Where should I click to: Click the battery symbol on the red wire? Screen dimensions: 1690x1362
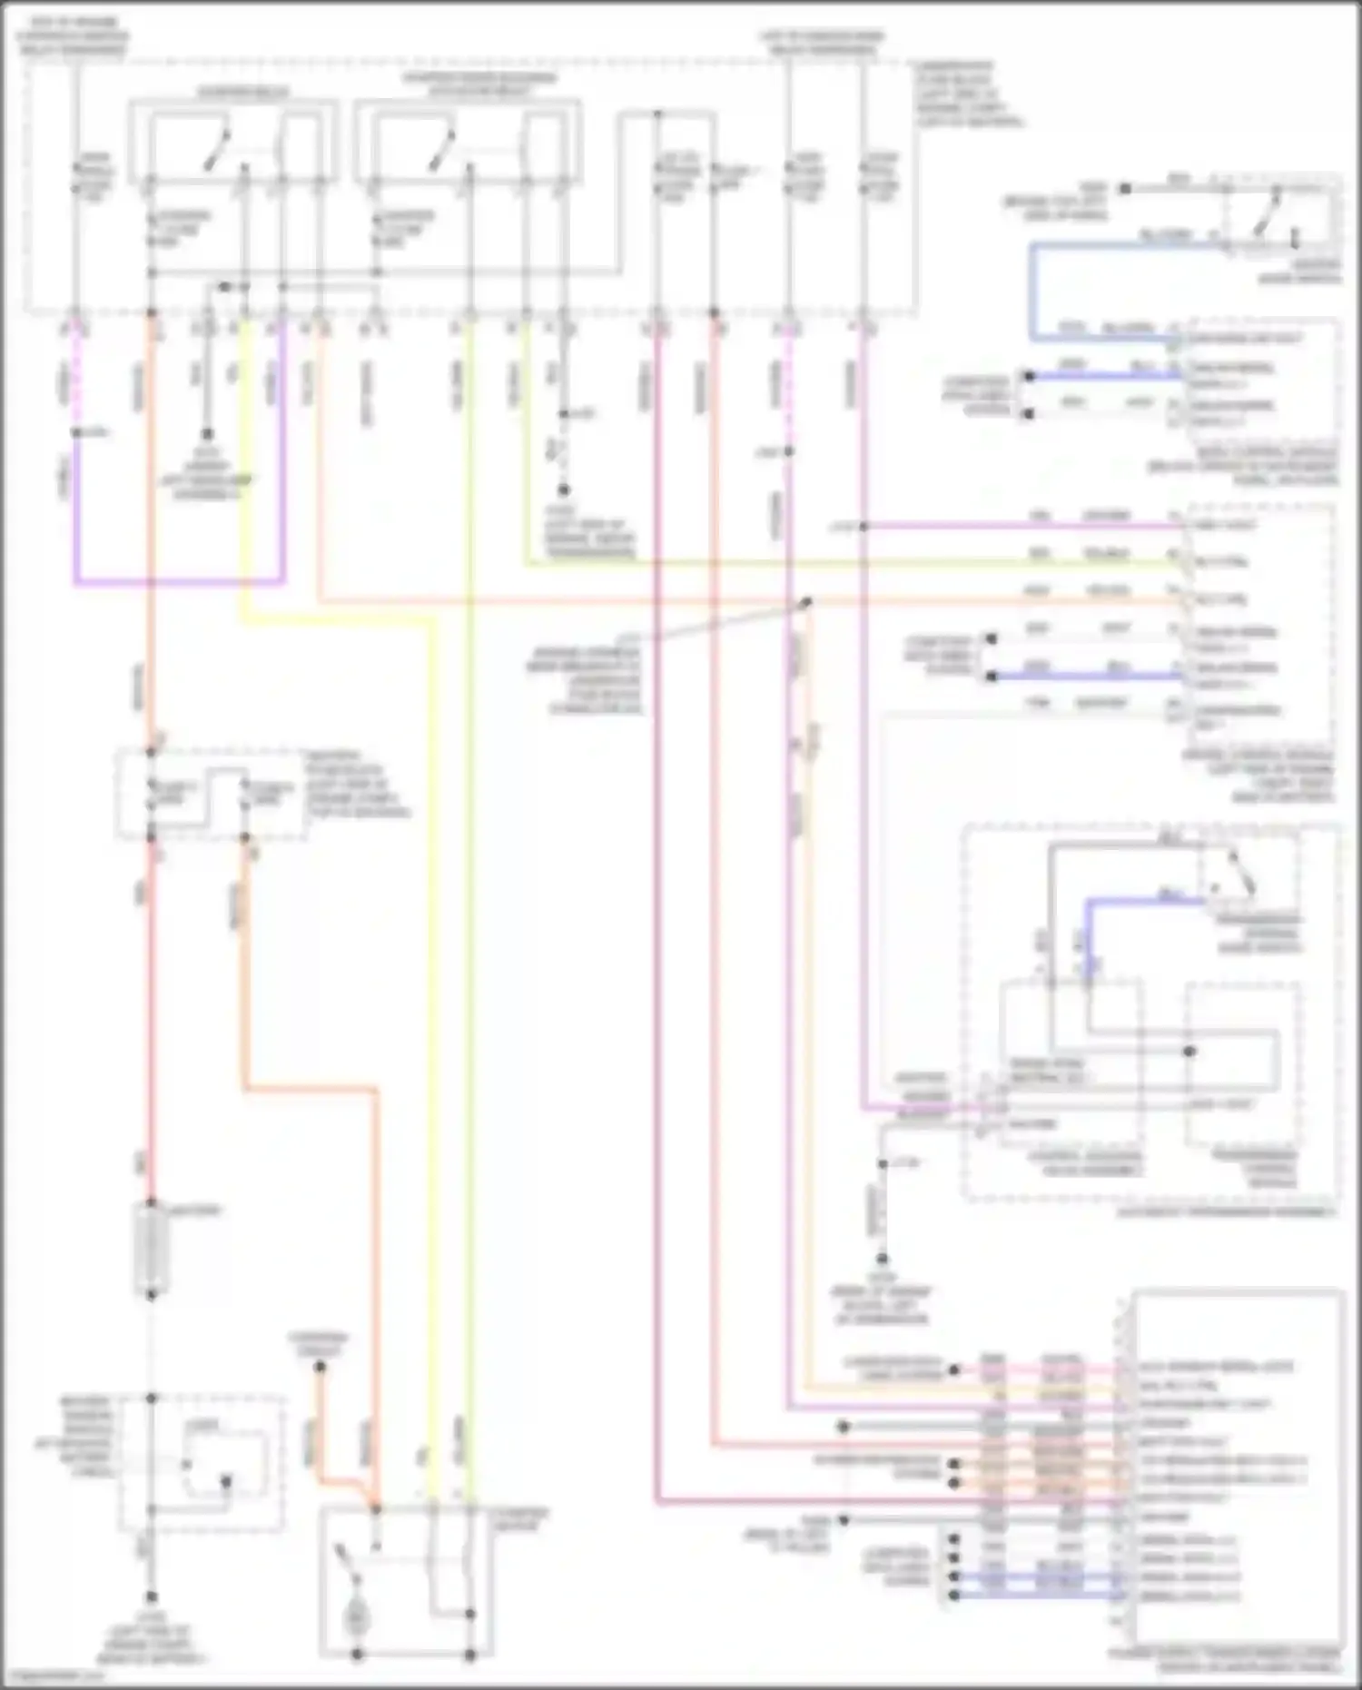click(x=151, y=1249)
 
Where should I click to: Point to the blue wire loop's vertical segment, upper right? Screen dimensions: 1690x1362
click(x=1032, y=291)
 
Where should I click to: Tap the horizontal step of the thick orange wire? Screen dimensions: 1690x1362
click(x=309, y=1087)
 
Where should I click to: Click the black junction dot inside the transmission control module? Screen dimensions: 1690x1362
click(x=1189, y=1051)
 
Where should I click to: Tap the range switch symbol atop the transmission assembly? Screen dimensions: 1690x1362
click(x=1239, y=872)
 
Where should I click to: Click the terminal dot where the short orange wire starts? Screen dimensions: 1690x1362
click(x=320, y=1367)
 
